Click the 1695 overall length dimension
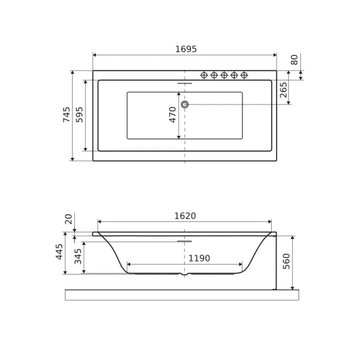coord(186,49)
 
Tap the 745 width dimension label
coord(67,115)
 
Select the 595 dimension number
coord(79,115)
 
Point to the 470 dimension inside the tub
coord(172,115)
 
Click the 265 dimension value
coord(284,90)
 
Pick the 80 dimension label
coord(294,60)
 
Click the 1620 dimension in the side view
coord(185,216)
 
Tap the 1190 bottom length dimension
coord(199,258)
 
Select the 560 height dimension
coord(286,261)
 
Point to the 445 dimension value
coord(59,252)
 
